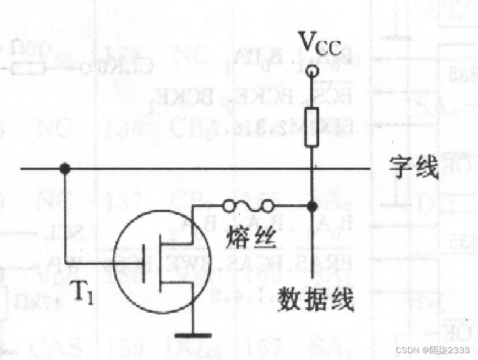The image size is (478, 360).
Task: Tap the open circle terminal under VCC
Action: (x=311, y=71)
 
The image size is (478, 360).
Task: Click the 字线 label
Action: (x=414, y=168)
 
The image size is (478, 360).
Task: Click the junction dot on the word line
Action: (x=65, y=168)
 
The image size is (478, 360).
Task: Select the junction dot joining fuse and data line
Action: (x=311, y=206)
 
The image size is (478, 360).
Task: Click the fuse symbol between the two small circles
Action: (x=248, y=206)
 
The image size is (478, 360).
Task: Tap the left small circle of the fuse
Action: (x=228, y=206)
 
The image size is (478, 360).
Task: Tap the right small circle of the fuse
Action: (x=268, y=206)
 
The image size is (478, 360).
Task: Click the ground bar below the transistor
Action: (x=193, y=335)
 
